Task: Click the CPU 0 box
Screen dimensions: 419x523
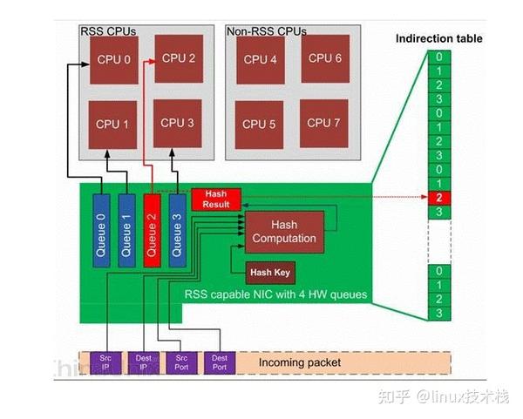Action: [x=113, y=60]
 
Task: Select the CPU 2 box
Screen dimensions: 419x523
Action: [x=179, y=59]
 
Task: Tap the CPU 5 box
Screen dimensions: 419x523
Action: [x=260, y=124]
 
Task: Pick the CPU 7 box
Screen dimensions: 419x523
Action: [x=324, y=123]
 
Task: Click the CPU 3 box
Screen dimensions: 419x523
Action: [x=178, y=123]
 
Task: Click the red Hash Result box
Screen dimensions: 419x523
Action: [x=215, y=199]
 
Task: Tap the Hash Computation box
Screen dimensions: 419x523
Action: [x=284, y=231]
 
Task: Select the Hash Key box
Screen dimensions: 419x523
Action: [x=269, y=273]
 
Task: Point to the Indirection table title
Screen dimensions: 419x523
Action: [x=438, y=38]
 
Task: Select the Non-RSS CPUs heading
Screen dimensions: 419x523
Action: [x=266, y=30]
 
